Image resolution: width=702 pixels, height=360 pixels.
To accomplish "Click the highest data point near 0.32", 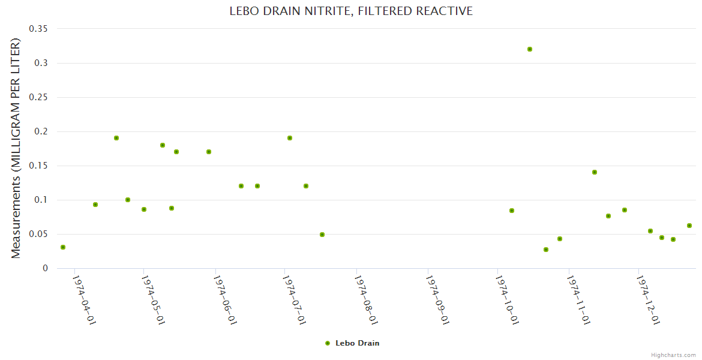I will point(530,49).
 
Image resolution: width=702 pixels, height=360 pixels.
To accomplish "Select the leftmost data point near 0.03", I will point(63,247).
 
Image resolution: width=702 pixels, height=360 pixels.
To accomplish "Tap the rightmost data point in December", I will point(689,226).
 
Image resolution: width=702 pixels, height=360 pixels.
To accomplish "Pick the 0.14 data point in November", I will point(595,172).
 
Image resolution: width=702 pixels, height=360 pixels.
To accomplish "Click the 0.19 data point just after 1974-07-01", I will point(290,138).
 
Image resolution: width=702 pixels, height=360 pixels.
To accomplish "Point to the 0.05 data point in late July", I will point(322,235).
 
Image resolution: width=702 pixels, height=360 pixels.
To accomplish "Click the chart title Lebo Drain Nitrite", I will point(351,11).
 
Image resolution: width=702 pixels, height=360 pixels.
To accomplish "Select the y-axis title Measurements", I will point(16,148).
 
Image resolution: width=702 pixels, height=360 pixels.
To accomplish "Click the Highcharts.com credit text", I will point(673,355).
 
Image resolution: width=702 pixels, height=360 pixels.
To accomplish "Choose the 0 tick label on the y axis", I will point(45,268).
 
